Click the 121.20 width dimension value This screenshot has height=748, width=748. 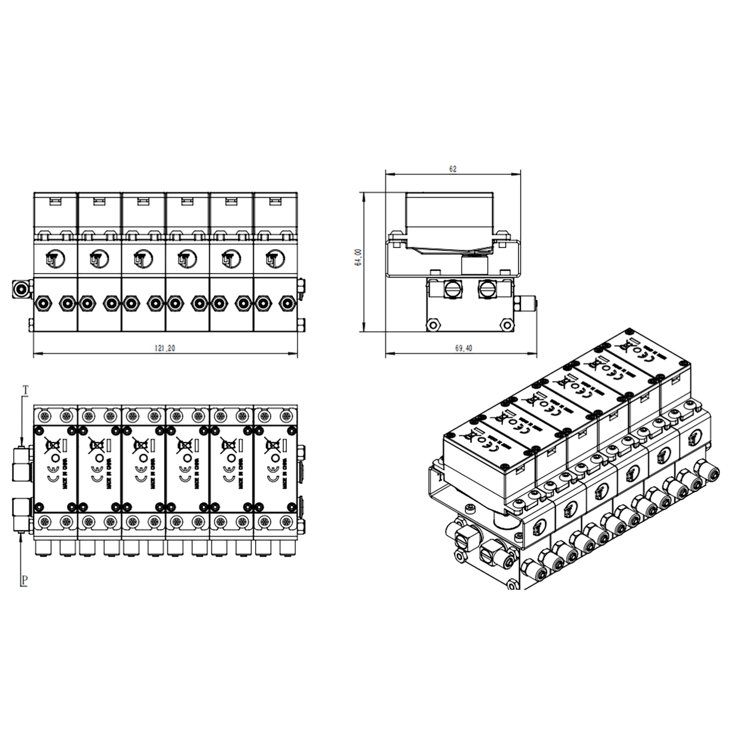165,348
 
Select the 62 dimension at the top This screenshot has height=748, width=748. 453,169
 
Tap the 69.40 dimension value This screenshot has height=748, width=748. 463,348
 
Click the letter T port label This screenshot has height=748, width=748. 26,389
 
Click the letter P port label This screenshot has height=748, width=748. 24,580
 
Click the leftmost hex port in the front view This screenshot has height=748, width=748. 43,303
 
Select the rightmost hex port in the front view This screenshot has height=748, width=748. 285,303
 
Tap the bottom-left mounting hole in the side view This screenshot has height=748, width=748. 433,325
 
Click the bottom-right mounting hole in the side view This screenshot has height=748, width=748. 506,325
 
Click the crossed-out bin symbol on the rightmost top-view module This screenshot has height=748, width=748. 271,444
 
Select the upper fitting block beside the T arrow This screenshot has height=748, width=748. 22,464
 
